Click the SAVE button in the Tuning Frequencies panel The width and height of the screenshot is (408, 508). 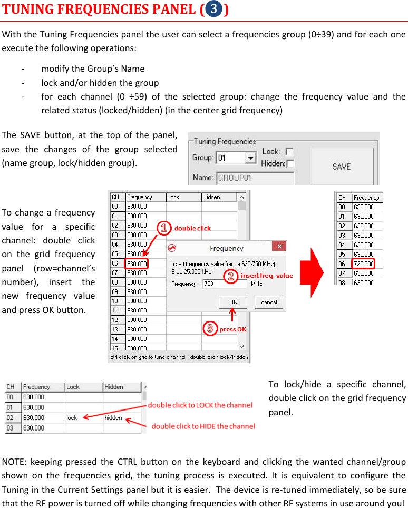pos(341,166)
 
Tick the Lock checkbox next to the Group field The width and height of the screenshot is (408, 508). pos(289,152)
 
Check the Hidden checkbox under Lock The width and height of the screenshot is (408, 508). pos(289,163)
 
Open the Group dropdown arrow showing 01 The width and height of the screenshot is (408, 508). pos(251,158)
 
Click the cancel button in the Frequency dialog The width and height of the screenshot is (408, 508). pos(269,302)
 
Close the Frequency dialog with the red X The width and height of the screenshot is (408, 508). pos(279,247)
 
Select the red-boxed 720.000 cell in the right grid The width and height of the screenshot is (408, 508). pos(363,263)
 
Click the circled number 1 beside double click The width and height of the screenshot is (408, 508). pos(164,228)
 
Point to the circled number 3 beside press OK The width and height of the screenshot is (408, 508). pos(210,329)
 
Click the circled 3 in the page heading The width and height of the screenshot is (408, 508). pos(214,9)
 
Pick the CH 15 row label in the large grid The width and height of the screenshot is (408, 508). pos(115,348)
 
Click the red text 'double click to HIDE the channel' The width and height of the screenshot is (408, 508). pos(203,426)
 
